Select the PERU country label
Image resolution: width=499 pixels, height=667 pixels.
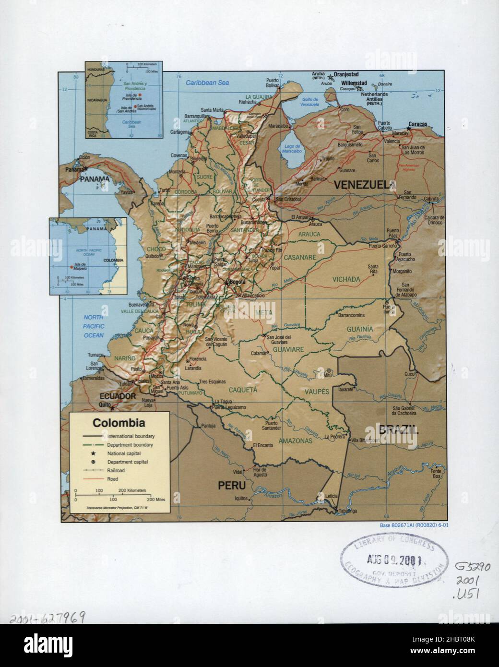pos(232,486)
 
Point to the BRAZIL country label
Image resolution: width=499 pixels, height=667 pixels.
pos(398,430)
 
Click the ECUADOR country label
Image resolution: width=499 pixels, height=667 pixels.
pos(118,396)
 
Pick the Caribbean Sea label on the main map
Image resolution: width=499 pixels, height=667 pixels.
pos(207,83)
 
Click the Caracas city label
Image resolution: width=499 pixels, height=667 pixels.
pos(417,124)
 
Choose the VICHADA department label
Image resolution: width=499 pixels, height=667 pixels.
pos(346,279)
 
